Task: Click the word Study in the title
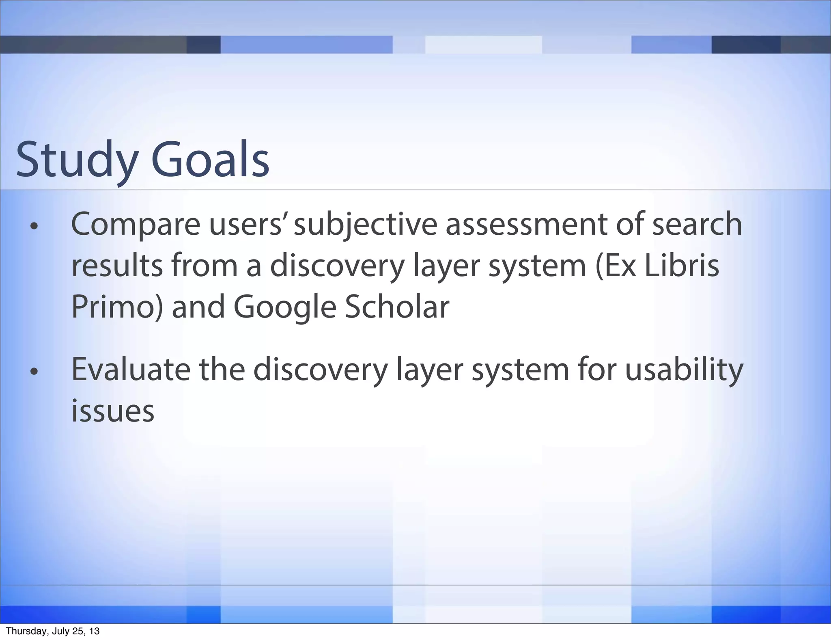pyautogui.click(x=77, y=161)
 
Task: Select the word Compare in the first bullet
pyautogui.click(x=136, y=225)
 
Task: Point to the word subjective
pyautogui.click(x=365, y=225)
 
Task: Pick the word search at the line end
pyautogui.click(x=697, y=224)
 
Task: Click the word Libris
pyautogui.click(x=682, y=266)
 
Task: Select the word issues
pyautogui.click(x=113, y=411)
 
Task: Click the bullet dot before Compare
pyautogui.click(x=34, y=227)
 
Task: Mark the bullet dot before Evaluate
pyautogui.click(x=34, y=371)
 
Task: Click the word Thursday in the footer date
pyautogui.click(x=22, y=631)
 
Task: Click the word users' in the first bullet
pyautogui.click(x=246, y=225)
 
